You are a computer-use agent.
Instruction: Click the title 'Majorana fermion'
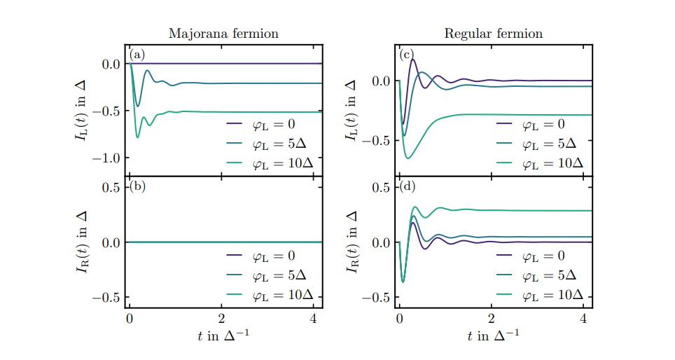point(223,34)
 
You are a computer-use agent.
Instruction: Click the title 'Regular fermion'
point(493,34)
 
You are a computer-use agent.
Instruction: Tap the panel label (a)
point(137,55)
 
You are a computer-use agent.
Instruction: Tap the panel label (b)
point(137,186)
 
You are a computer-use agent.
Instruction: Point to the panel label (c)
point(407,55)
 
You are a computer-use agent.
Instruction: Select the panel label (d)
point(408,186)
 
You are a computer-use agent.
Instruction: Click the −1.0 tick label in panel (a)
point(106,158)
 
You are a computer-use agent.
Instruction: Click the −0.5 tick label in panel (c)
point(376,141)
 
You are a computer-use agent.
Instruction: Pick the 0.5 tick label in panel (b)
point(112,188)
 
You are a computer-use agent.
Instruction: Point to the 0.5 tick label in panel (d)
point(382,188)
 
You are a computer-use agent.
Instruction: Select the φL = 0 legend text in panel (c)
point(543,125)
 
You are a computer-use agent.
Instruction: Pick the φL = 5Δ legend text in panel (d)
point(548,275)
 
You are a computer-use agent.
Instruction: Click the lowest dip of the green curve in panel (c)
point(408,158)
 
